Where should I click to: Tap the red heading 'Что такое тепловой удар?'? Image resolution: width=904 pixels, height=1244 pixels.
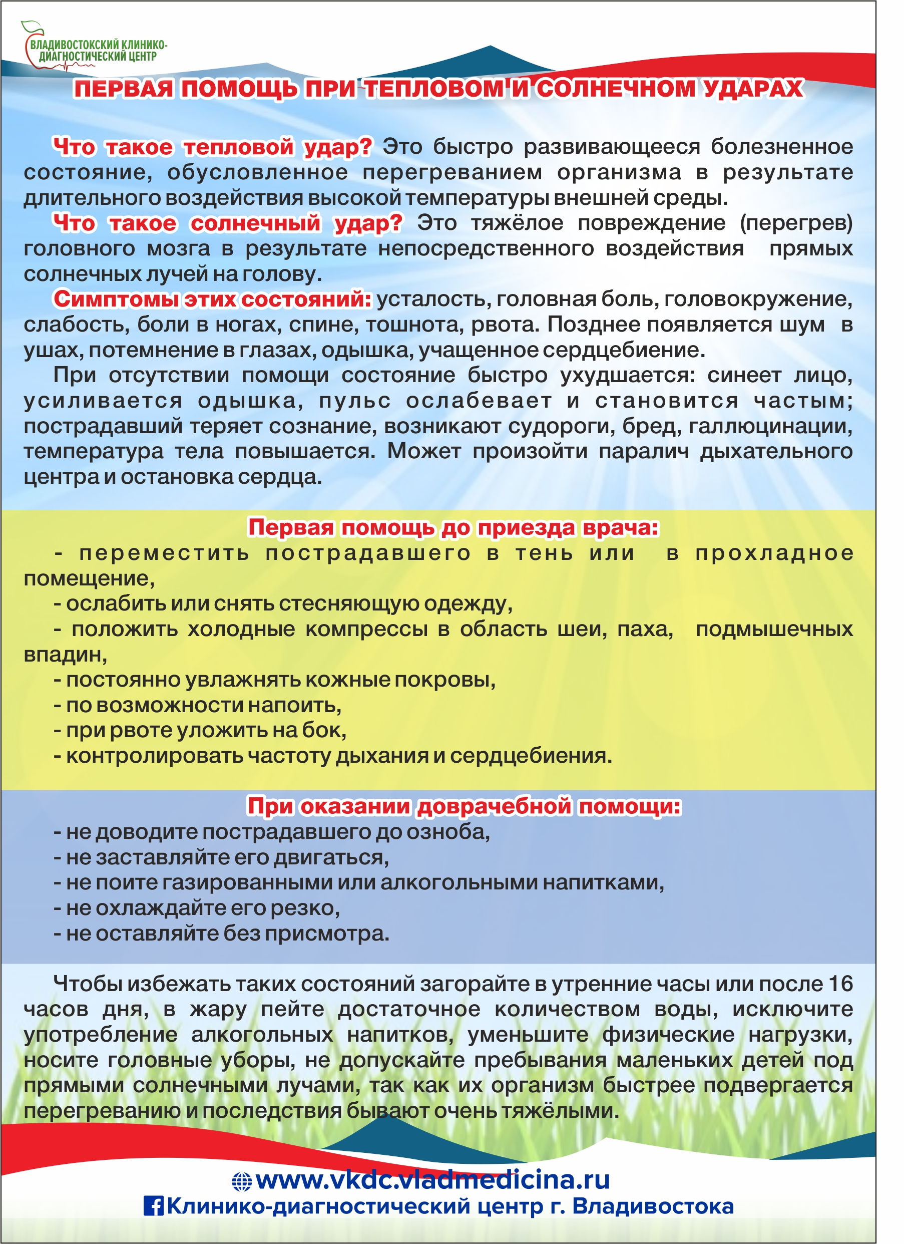213,147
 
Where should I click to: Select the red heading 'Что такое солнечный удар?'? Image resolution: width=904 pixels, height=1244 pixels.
228,223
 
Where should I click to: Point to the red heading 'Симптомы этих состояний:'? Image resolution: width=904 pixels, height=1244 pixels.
213,299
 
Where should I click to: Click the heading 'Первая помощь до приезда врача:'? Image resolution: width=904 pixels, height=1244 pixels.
454,528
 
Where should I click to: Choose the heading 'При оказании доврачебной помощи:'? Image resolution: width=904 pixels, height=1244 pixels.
465,806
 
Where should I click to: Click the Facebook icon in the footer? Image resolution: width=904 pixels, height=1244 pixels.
153,1205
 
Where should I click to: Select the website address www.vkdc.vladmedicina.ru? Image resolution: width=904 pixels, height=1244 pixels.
432,1180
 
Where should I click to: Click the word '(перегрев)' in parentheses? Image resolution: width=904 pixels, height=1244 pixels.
796,223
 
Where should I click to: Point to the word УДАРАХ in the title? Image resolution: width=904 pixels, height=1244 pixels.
754,89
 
